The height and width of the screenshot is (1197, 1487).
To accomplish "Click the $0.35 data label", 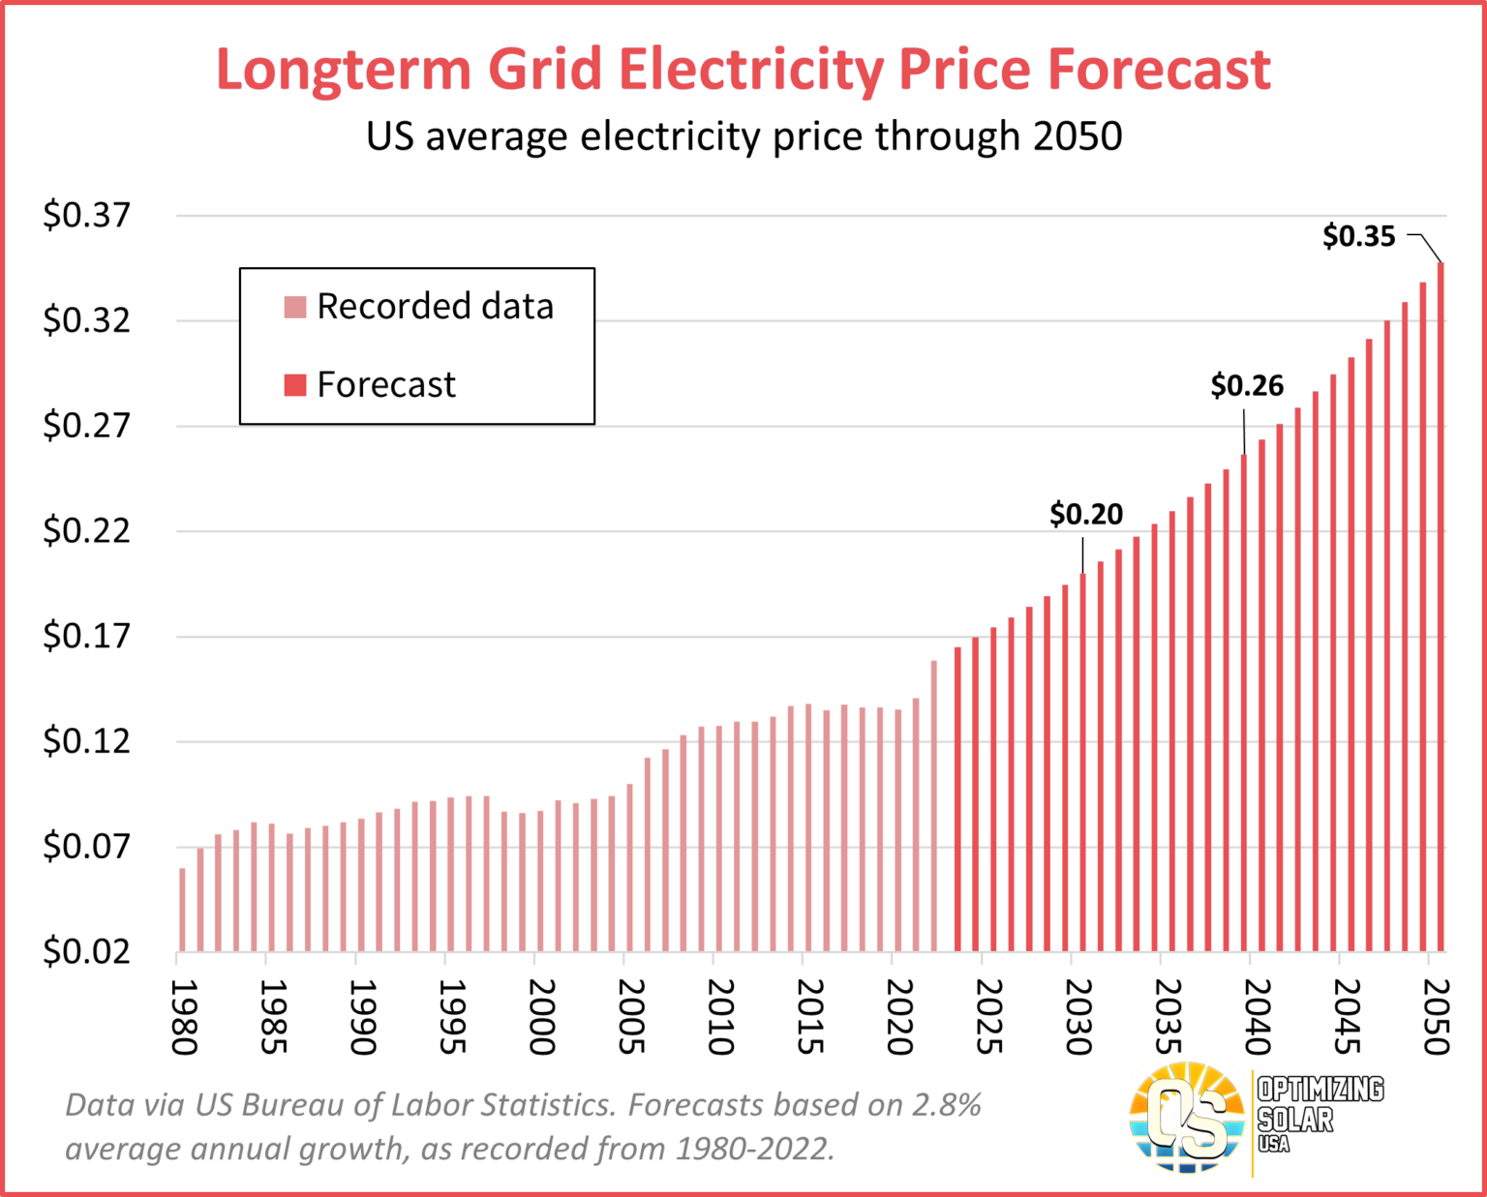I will pos(1358,236).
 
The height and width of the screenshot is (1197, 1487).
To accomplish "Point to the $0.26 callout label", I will pos(1247,386).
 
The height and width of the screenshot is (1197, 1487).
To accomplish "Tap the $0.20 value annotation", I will pos(1086,514).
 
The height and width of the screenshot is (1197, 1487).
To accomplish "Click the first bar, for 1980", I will pos(182,910).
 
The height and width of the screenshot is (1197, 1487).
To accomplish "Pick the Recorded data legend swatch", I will pos(295,307).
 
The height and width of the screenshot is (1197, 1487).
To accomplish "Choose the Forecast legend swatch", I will pos(295,385).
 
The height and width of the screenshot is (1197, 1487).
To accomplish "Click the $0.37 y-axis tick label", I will pos(86,215).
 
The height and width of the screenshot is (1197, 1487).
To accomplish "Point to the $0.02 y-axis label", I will pos(86,952).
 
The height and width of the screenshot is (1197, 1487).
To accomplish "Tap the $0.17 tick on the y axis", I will pos(86,637).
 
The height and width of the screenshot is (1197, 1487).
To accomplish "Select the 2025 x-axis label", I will pos(990,1016).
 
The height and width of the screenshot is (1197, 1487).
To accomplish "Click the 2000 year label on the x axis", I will pos(543,1016).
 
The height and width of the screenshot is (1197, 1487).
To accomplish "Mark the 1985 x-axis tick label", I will pos(275,1016).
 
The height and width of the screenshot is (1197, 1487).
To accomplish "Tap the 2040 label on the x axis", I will pos(1259,1016).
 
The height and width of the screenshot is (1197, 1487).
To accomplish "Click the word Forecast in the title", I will pos(1159,70).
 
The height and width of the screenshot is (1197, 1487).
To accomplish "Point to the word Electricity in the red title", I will pos(751,70).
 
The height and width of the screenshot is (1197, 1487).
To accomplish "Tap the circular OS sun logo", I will pos(1188,1119).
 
